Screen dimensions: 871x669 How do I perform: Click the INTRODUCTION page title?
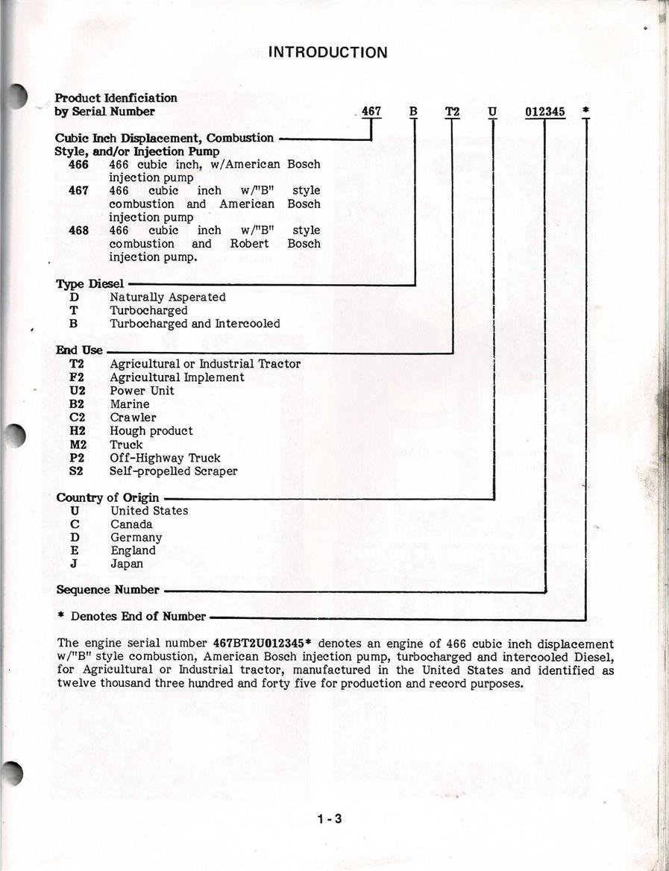click(x=327, y=52)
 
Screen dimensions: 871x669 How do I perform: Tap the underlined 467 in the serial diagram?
click(x=371, y=112)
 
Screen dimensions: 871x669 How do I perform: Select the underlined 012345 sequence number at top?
click(x=544, y=112)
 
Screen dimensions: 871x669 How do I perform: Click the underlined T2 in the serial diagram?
click(x=453, y=112)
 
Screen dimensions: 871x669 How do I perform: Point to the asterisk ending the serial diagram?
click(x=585, y=111)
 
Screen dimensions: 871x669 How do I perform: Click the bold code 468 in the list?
click(x=78, y=230)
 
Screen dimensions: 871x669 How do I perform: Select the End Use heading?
click(x=79, y=350)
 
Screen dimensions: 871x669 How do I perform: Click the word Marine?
click(x=130, y=404)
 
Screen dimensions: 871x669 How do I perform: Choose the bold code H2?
click(x=77, y=431)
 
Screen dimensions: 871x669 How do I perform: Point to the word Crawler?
click(x=133, y=418)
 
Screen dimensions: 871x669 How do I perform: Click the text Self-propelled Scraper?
click(x=173, y=471)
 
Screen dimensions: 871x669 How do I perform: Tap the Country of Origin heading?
click(x=107, y=497)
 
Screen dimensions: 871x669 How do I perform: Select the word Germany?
click(x=136, y=538)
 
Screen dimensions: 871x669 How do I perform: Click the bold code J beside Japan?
click(x=75, y=565)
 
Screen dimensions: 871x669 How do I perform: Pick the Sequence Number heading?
click(x=107, y=590)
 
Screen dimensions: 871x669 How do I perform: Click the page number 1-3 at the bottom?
click(x=329, y=820)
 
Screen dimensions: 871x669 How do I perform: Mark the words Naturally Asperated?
click(x=167, y=297)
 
